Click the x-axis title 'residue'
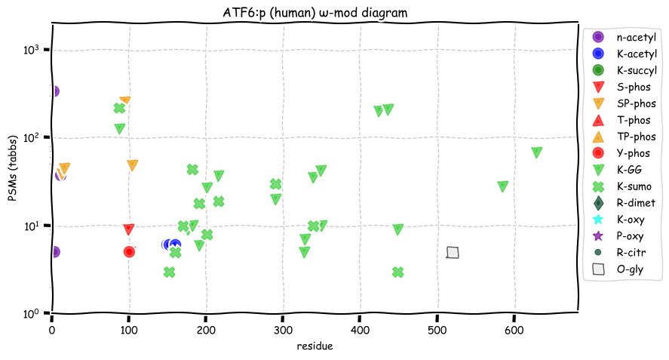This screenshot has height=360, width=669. click(x=315, y=346)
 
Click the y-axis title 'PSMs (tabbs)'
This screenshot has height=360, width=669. click(x=13, y=169)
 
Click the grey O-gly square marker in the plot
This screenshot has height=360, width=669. click(x=453, y=253)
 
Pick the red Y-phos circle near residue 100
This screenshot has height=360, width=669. click(x=129, y=251)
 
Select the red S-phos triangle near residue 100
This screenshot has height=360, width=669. click(x=129, y=229)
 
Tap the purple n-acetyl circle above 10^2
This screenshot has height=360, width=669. click(x=53, y=91)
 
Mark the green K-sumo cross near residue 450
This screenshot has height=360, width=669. click(x=398, y=272)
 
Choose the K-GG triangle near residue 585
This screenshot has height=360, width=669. click(x=502, y=186)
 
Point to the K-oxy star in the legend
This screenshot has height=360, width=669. click(x=598, y=219)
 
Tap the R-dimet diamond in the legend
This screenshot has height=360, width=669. click(x=598, y=202)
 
